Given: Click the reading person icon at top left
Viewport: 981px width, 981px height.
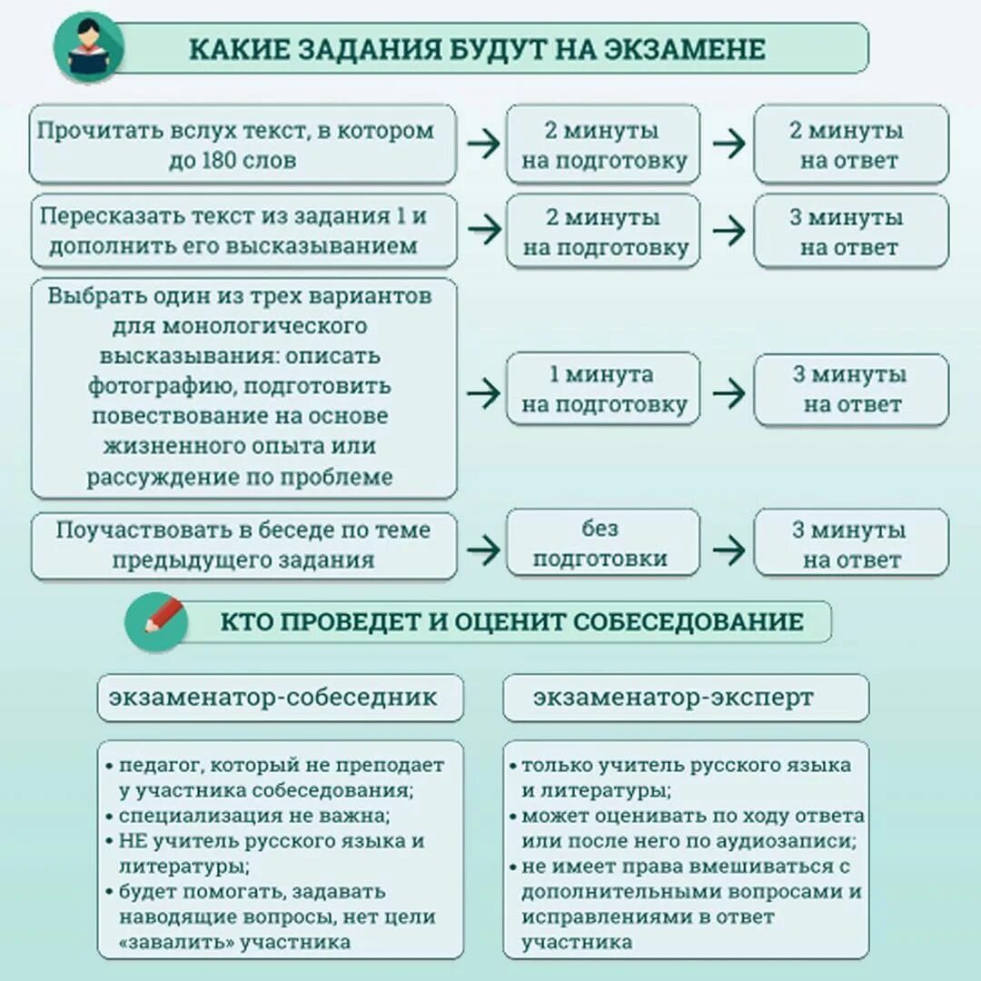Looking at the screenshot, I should click(88, 48).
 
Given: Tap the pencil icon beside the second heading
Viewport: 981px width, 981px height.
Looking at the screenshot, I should click(157, 622).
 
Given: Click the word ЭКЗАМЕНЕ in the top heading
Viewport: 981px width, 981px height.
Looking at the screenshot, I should click(696, 49).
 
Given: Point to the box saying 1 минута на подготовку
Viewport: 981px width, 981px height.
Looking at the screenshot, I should click(603, 389).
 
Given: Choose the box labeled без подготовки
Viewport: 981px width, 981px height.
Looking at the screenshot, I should click(603, 543).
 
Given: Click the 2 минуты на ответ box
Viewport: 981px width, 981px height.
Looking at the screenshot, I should click(851, 144).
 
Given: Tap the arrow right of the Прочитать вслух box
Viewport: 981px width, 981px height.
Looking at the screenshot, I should click(483, 144).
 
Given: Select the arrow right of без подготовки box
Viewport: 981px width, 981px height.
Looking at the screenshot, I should click(728, 548).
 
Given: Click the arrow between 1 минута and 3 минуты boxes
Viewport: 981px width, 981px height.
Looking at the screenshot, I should click(728, 393).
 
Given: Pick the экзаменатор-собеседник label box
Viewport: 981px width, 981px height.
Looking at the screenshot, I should click(280, 698).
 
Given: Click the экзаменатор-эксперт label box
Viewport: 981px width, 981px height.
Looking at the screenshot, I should click(685, 698).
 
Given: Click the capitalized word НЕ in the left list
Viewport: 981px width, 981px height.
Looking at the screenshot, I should click(127, 841).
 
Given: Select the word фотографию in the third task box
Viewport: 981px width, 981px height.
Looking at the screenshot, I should click(153, 385).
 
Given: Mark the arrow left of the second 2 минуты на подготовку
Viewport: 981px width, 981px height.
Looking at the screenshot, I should click(483, 231).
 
